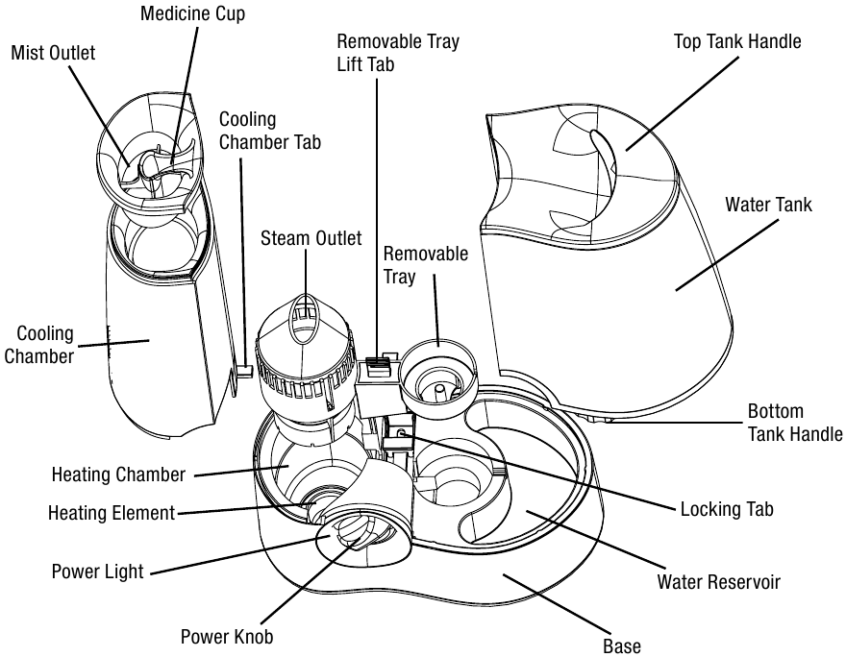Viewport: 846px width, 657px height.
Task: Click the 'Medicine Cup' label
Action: [x=192, y=14]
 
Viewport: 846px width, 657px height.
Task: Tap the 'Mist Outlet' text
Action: [x=53, y=53]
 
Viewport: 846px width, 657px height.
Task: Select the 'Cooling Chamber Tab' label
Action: [x=270, y=131]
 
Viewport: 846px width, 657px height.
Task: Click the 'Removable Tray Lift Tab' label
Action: [x=397, y=53]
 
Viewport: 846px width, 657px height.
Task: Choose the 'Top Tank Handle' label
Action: [x=736, y=41]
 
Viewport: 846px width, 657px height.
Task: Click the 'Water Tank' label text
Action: [x=768, y=205]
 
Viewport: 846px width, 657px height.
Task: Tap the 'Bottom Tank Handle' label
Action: [x=795, y=423]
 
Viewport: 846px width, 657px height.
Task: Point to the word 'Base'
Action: [x=621, y=645]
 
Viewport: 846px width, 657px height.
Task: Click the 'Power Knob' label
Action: [x=226, y=637]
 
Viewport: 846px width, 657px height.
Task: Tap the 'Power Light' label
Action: [x=97, y=572]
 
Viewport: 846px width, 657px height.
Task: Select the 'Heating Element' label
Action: [x=112, y=513]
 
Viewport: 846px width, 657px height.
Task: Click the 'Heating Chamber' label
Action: [x=118, y=475]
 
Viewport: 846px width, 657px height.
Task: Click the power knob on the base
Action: [x=354, y=535]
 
